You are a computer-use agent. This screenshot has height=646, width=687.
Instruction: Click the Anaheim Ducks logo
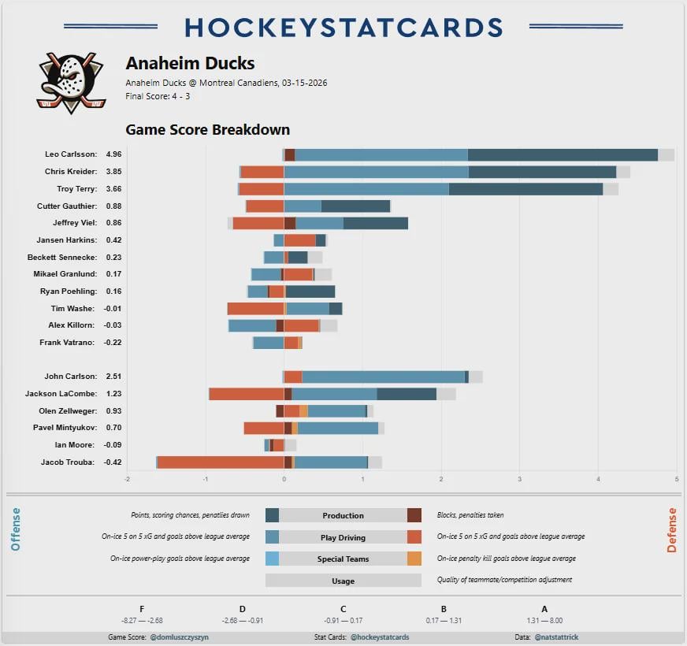(72, 82)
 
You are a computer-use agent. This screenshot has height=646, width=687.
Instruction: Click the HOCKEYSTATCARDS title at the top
(343, 27)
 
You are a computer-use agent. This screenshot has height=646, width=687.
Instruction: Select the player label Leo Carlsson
(71, 154)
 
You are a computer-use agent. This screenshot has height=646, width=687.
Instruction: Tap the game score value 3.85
(113, 172)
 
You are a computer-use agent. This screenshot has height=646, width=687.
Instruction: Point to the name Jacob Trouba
(69, 462)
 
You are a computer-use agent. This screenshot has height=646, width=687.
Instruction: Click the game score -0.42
(113, 462)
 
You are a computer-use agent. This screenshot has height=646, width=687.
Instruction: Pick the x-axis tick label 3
(519, 478)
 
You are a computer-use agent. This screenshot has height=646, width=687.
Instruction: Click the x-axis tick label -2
(127, 478)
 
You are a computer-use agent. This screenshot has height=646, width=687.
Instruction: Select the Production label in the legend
(343, 516)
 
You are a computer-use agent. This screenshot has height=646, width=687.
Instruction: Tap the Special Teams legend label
(343, 559)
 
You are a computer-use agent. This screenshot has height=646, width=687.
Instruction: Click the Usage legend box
(343, 581)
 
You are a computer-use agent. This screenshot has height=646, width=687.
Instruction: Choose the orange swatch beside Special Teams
(414, 559)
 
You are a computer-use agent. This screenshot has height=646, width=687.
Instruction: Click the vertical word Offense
(16, 529)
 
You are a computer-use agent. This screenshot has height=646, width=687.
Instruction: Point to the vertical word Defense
(671, 529)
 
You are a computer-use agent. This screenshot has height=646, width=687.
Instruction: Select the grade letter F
(142, 608)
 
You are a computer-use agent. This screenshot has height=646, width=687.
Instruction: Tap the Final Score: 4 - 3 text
(158, 96)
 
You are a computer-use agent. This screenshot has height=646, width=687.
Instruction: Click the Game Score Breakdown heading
(207, 130)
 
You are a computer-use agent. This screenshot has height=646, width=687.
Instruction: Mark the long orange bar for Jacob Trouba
(221, 462)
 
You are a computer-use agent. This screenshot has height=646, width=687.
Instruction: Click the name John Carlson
(71, 377)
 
